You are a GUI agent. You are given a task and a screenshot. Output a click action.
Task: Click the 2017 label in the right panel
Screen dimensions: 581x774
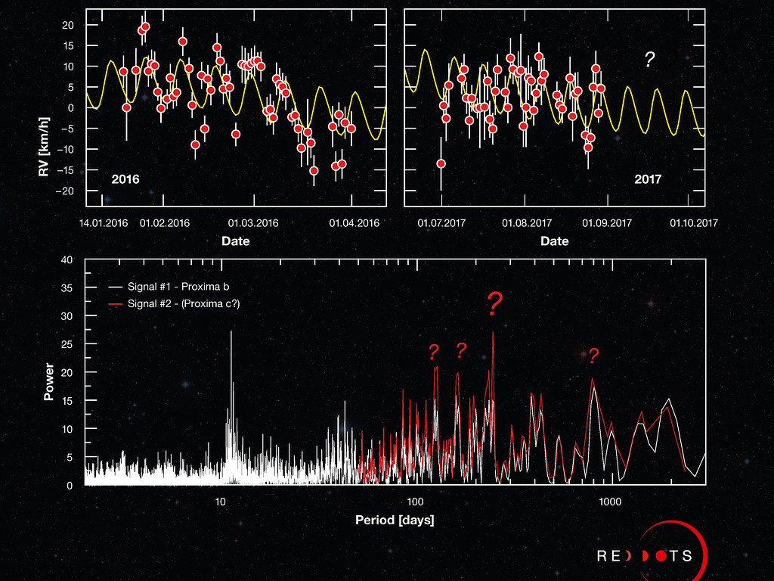[x=648, y=180]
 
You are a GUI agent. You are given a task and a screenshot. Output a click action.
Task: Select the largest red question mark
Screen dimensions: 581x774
[x=494, y=304]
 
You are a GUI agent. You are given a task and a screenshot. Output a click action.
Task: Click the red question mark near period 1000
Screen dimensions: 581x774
[x=594, y=356]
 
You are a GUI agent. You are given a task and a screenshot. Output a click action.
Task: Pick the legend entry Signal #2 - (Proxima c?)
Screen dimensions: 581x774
[x=180, y=303]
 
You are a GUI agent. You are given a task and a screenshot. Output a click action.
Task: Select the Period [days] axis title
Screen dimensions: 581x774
[x=395, y=520]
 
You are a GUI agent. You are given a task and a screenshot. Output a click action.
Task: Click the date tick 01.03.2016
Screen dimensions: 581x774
[x=254, y=223]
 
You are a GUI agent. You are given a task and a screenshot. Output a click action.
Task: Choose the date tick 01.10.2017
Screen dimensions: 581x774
[x=693, y=223]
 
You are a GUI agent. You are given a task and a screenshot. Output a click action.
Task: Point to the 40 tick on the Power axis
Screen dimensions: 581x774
[x=67, y=260]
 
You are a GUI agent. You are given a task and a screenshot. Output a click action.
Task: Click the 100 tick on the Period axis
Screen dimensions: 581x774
[x=415, y=502]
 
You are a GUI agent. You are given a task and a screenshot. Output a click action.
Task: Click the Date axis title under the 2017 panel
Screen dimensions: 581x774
[x=554, y=241]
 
